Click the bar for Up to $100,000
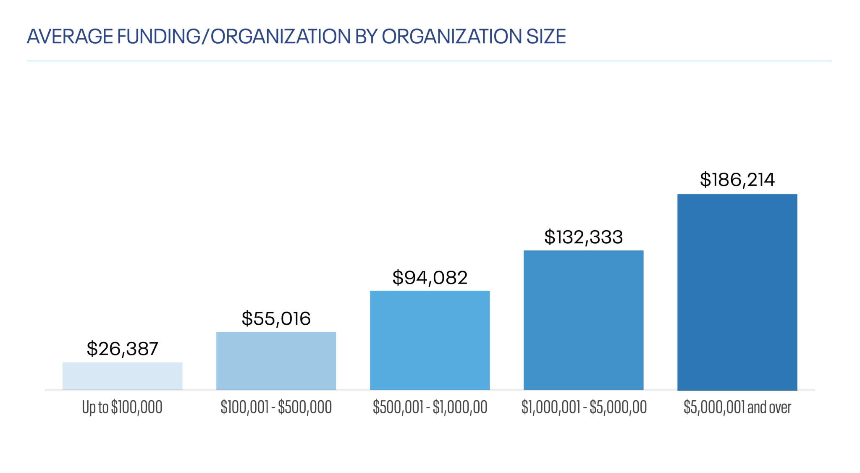pos(122,376)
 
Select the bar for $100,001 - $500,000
pos(276,361)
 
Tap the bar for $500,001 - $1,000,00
pos(430,340)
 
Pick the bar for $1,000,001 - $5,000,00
pos(583,320)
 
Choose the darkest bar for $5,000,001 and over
pos(737,292)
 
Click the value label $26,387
pos(122,349)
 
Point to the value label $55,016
pos(276,318)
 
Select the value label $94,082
pos(430,278)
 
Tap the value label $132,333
pos(583,237)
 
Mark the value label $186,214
pos(737,180)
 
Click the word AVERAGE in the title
pos(70,37)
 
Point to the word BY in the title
pos(367,37)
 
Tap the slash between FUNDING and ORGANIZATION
pos(205,37)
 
